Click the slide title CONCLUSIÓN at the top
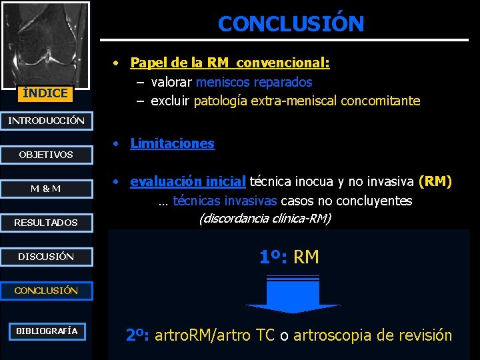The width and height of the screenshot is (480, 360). (x=291, y=24)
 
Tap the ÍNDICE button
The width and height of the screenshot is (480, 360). (x=45, y=93)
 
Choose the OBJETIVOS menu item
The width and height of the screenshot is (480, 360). (x=45, y=155)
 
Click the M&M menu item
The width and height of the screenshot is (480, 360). (x=45, y=189)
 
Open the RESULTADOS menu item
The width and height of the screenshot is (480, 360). (x=45, y=223)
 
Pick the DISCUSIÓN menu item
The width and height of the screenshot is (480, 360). (x=45, y=257)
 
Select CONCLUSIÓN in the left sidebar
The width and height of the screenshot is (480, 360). (x=45, y=291)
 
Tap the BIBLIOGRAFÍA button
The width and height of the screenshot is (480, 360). (x=47, y=331)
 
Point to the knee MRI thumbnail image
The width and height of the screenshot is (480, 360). (x=45, y=43)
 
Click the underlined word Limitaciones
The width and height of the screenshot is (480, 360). (x=172, y=143)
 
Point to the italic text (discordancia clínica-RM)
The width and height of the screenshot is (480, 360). (x=265, y=218)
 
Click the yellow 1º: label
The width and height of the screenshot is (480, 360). (x=273, y=256)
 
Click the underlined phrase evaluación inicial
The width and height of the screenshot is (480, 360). (x=188, y=181)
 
